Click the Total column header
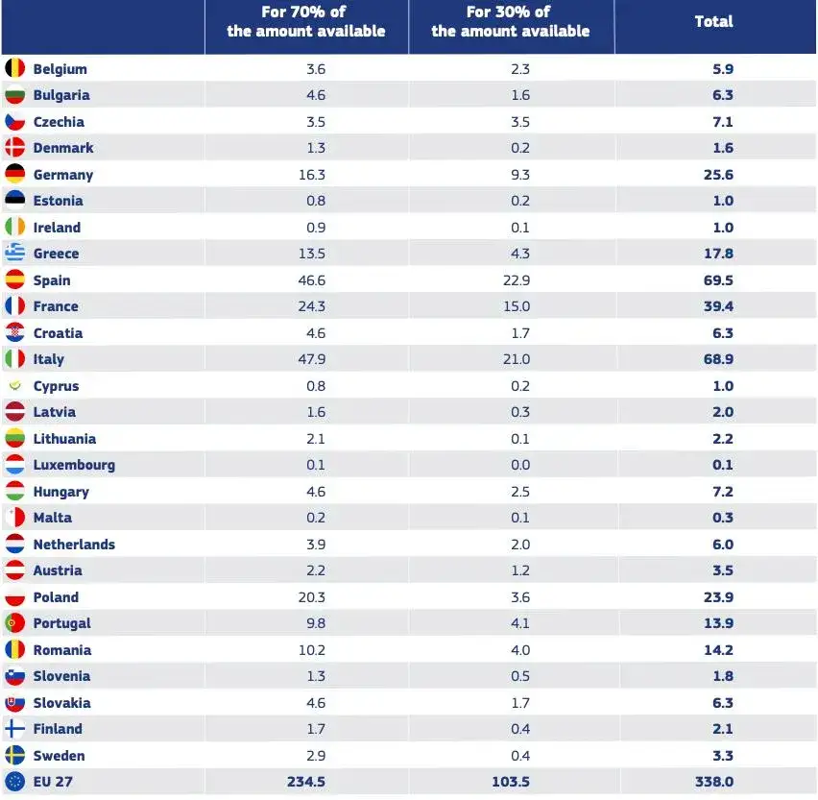pos(713,22)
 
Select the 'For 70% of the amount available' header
pos(305,22)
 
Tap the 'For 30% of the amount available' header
pos(510,22)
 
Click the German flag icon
pos(14,174)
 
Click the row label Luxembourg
pos(74,465)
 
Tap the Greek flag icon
pos(14,254)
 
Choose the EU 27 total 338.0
pos(713,782)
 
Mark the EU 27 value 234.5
pos(305,782)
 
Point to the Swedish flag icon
pos(14,755)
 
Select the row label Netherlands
pos(74,545)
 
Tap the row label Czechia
pos(59,122)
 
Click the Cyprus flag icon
pos(14,386)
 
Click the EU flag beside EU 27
pos(14,782)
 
